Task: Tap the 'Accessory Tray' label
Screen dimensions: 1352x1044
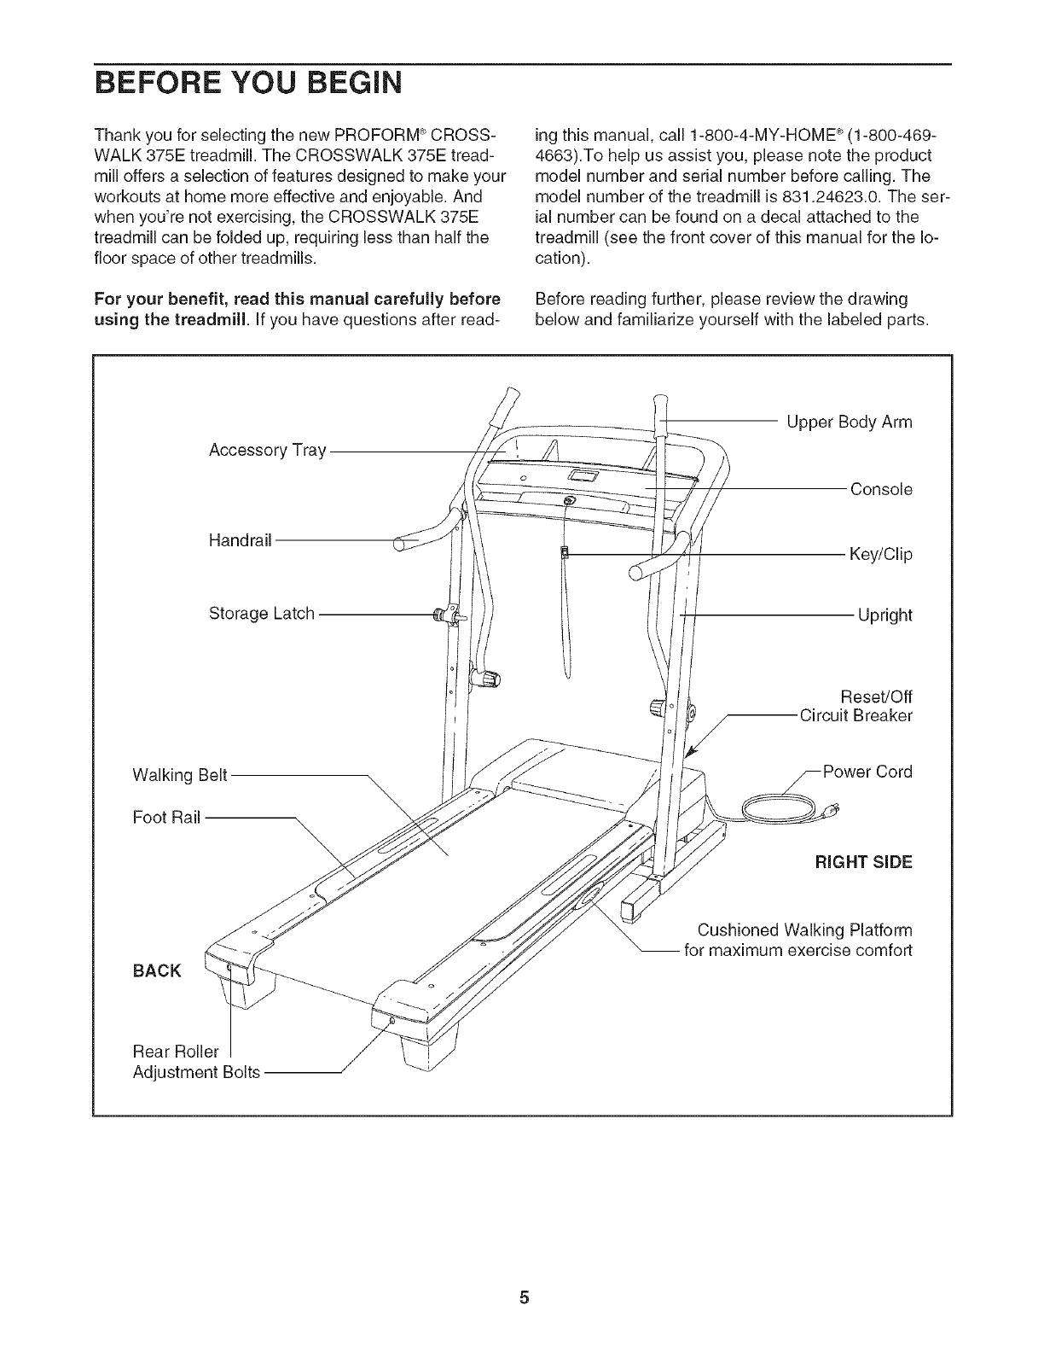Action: (267, 451)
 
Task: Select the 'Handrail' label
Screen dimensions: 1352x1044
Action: (240, 540)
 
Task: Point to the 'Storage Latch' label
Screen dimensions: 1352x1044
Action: (262, 614)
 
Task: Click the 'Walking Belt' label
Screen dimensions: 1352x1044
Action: (180, 775)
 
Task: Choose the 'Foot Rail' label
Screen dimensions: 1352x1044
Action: (166, 817)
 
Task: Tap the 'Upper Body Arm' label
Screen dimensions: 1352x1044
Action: (849, 422)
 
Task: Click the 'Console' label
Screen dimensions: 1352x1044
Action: (881, 490)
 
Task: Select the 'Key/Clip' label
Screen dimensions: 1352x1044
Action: (880, 555)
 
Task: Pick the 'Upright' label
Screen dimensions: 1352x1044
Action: (884, 615)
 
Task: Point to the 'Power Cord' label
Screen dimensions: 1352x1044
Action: (867, 772)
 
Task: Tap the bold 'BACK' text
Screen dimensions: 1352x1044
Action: (157, 971)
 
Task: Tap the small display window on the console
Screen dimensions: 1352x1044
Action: (583, 475)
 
